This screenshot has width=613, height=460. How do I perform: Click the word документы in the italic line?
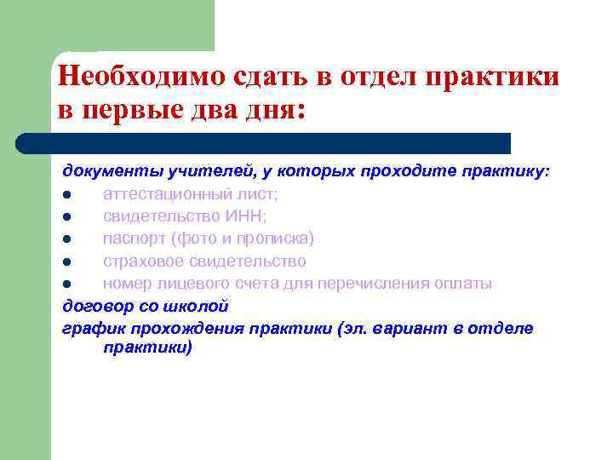(x=104, y=172)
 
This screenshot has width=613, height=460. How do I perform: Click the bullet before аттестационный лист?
(x=66, y=195)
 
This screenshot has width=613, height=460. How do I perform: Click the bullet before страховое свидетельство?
(x=66, y=262)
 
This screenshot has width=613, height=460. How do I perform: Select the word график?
(x=88, y=327)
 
